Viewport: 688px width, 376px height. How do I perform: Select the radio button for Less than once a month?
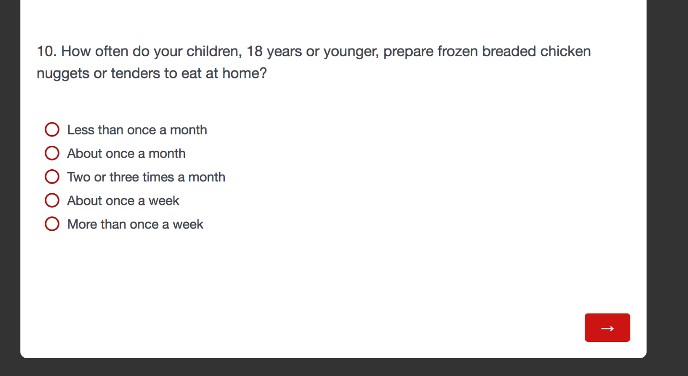coord(52,129)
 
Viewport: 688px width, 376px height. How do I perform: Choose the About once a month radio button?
coord(52,153)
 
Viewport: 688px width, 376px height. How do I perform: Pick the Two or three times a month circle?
coord(52,177)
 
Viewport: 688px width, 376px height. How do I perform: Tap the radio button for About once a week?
coord(52,201)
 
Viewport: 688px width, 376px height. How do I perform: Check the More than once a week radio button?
coord(52,224)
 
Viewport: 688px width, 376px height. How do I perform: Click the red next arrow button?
coord(607,327)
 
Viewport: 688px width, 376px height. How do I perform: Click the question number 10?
coord(47,51)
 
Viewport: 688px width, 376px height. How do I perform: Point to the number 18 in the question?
coord(254,51)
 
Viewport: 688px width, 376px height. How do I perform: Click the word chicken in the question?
coord(565,51)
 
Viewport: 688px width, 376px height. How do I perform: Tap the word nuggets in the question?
coord(63,74)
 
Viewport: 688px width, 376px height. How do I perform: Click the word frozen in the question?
coord(458,51)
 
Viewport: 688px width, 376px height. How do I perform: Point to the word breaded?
coord(509,51)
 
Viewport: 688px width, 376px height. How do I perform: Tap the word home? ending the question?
coord(245,73)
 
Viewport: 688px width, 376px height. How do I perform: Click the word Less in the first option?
coord(80,130)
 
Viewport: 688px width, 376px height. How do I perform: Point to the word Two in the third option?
coord(79,177)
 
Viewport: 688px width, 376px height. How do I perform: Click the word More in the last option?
coord(82,225)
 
